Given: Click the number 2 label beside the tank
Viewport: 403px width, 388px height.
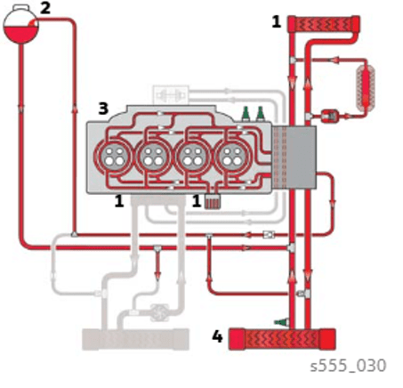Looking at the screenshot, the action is (x=45, y=8).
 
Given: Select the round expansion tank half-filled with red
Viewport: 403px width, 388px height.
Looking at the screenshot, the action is (x=21, y=27).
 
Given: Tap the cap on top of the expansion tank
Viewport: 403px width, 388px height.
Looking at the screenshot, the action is (x=20, y=7).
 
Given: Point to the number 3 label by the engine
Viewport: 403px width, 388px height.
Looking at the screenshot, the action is (x=103, y=109).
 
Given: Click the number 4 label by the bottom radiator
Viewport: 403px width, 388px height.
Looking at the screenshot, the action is (x=217, y=336).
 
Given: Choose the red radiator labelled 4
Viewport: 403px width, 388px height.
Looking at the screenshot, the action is (x=282, y=339).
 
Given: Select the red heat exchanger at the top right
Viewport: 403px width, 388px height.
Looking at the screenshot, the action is (x=324, y=24).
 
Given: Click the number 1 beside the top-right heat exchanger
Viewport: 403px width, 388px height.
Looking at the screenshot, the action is (x=277, y=21).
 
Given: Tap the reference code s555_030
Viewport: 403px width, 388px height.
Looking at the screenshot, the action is (x=348, y=366).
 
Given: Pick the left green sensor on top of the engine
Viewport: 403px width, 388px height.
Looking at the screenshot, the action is (x=246, y=114).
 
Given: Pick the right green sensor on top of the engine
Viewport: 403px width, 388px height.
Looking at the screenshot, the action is (x=260, y=114).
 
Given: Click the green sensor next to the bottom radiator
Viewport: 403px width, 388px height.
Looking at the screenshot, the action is (x=281, y=322).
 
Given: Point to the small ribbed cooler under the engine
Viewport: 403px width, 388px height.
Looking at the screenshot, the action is (x=213, y=201).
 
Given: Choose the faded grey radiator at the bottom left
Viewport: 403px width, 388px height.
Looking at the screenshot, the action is (x=135, y=339).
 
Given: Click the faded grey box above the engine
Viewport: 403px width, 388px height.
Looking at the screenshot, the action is (x=171, y=95).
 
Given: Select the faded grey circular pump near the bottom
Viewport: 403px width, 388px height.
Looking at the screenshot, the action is (x=159, y=312).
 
